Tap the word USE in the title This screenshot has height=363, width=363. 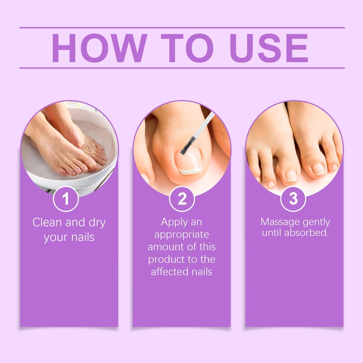coord(269,48)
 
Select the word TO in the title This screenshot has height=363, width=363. coord(187,48)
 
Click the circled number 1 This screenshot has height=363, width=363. coord(66,199)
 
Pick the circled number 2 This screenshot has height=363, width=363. coord(182,199)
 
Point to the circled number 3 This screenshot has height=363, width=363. coord(293,199)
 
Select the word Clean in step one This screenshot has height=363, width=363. coord(48,222)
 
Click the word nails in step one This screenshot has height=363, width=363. coord(83,237)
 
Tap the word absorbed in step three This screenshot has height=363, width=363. coord(306,233)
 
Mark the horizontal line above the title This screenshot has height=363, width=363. coord(182,28)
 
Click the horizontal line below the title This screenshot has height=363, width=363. coord(182,68)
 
